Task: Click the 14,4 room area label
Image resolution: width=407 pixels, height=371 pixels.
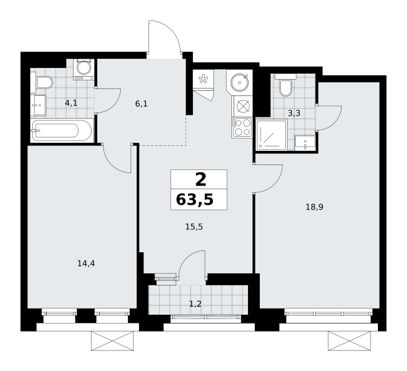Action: point(86,263)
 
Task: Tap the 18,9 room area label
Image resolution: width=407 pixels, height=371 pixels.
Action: point(314,207)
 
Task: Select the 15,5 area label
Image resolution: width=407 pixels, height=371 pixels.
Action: point(194,227)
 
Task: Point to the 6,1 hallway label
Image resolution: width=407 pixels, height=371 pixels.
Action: point(141,104)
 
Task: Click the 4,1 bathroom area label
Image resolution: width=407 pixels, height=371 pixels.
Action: point(71,103)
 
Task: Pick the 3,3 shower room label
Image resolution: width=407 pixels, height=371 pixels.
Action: point(294,113)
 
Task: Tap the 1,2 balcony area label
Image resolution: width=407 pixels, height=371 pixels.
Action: point(195,304)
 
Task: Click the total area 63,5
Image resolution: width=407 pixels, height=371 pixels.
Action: point(195,200)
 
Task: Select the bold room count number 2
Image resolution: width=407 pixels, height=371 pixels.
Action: point(200,179)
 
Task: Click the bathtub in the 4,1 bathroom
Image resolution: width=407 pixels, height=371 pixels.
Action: point(61,130)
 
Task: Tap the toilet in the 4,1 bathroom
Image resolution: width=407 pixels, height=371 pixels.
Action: point(42,82)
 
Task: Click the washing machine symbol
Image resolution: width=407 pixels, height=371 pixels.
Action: point(84,69)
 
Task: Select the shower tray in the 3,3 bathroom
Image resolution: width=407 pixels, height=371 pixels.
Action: point(272,135)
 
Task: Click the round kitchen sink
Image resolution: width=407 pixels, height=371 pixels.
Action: point(239,82)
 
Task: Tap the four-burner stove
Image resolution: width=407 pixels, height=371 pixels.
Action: point(242,127)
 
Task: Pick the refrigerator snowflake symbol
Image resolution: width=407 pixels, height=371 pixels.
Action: point(203,79)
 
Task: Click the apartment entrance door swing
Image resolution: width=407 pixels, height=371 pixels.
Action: point(164,37)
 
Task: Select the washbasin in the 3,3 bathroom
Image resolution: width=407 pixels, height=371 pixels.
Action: point(305,142)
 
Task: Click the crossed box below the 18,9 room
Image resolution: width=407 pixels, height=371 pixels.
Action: point(349,341)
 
